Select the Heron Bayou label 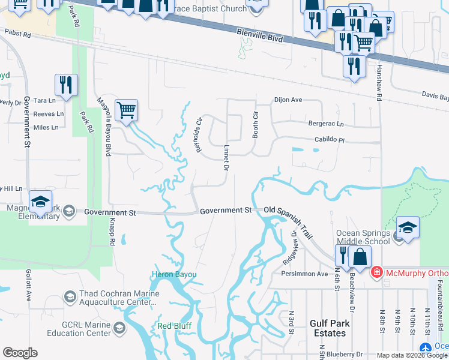(x=173, y=275)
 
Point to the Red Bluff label (x=173, y=326)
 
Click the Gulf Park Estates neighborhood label (x=328, y=328)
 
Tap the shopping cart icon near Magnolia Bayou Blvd (x=126, y=110)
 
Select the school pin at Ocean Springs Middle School (x=407, y=228)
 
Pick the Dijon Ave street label (x=288, y=100)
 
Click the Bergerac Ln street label (x=326, y=124)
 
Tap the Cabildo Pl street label (x=330, y=140)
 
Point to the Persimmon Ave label (x=305, y=274)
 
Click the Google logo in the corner (x=20, y=353)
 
